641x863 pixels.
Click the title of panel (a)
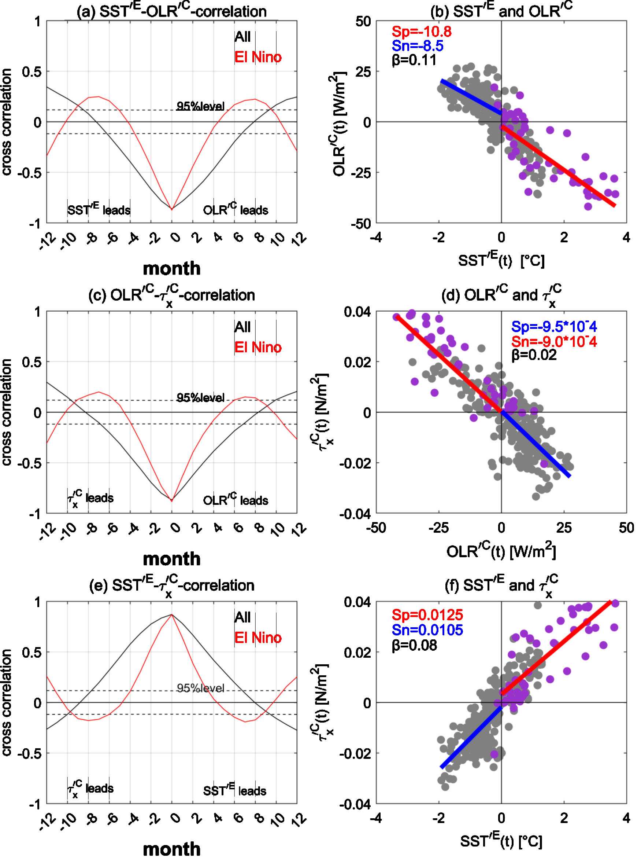click(171, 11)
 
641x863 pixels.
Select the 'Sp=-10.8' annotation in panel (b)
click(421, 32)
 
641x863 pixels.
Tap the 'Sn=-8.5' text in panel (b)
click(417, 46)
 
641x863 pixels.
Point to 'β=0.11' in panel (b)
click(414, 60)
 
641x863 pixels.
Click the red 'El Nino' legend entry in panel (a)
click(257, 57)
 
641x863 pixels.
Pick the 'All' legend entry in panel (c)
click(242, 327)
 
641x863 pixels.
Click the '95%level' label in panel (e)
click(200, 688)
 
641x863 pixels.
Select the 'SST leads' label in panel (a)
click(99, 209)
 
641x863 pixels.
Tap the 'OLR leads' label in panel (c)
click(236, 499)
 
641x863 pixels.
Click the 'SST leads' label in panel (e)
click(234, 790)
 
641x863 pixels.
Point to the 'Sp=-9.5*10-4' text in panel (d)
click(554, 327)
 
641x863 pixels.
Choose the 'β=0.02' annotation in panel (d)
click(534, 355)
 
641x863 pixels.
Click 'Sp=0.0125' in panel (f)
click(427, 614)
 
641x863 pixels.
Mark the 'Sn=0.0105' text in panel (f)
click(427, 629)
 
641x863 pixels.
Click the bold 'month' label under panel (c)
click(171, 559)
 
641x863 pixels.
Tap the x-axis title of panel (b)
click(501, 260)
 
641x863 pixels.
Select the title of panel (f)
click(501, 585)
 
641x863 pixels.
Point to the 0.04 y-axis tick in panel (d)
click(357, 312)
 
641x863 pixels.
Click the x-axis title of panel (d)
click(501, 551)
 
